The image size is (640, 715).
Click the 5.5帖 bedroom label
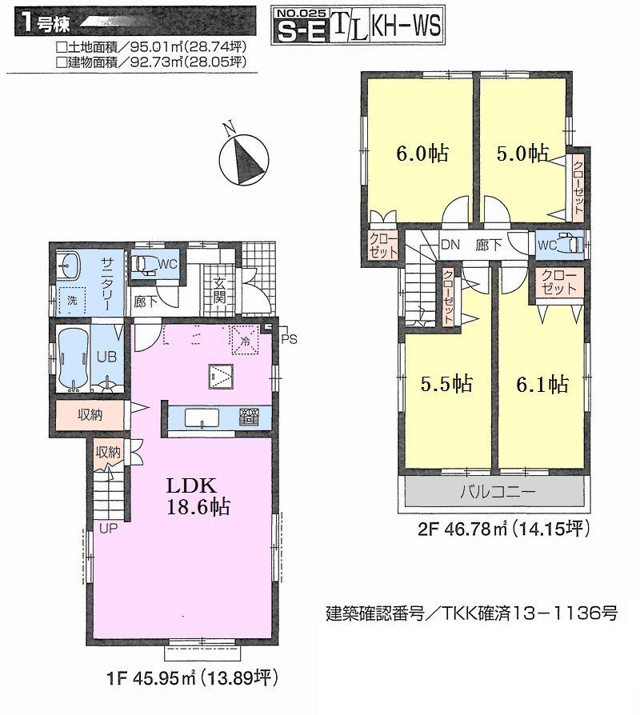click(446, 384)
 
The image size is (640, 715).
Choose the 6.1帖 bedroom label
click(542, 384)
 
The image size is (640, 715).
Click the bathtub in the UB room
click(71, 360)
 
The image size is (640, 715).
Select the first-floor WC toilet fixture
click(146, 266)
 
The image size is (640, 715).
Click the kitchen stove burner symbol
click(250, 416)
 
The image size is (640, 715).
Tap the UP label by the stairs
click(108, 528)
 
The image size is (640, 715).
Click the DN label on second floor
click(451, 246)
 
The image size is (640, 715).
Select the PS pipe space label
click(288, 338)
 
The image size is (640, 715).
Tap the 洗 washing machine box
click(73, 302)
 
